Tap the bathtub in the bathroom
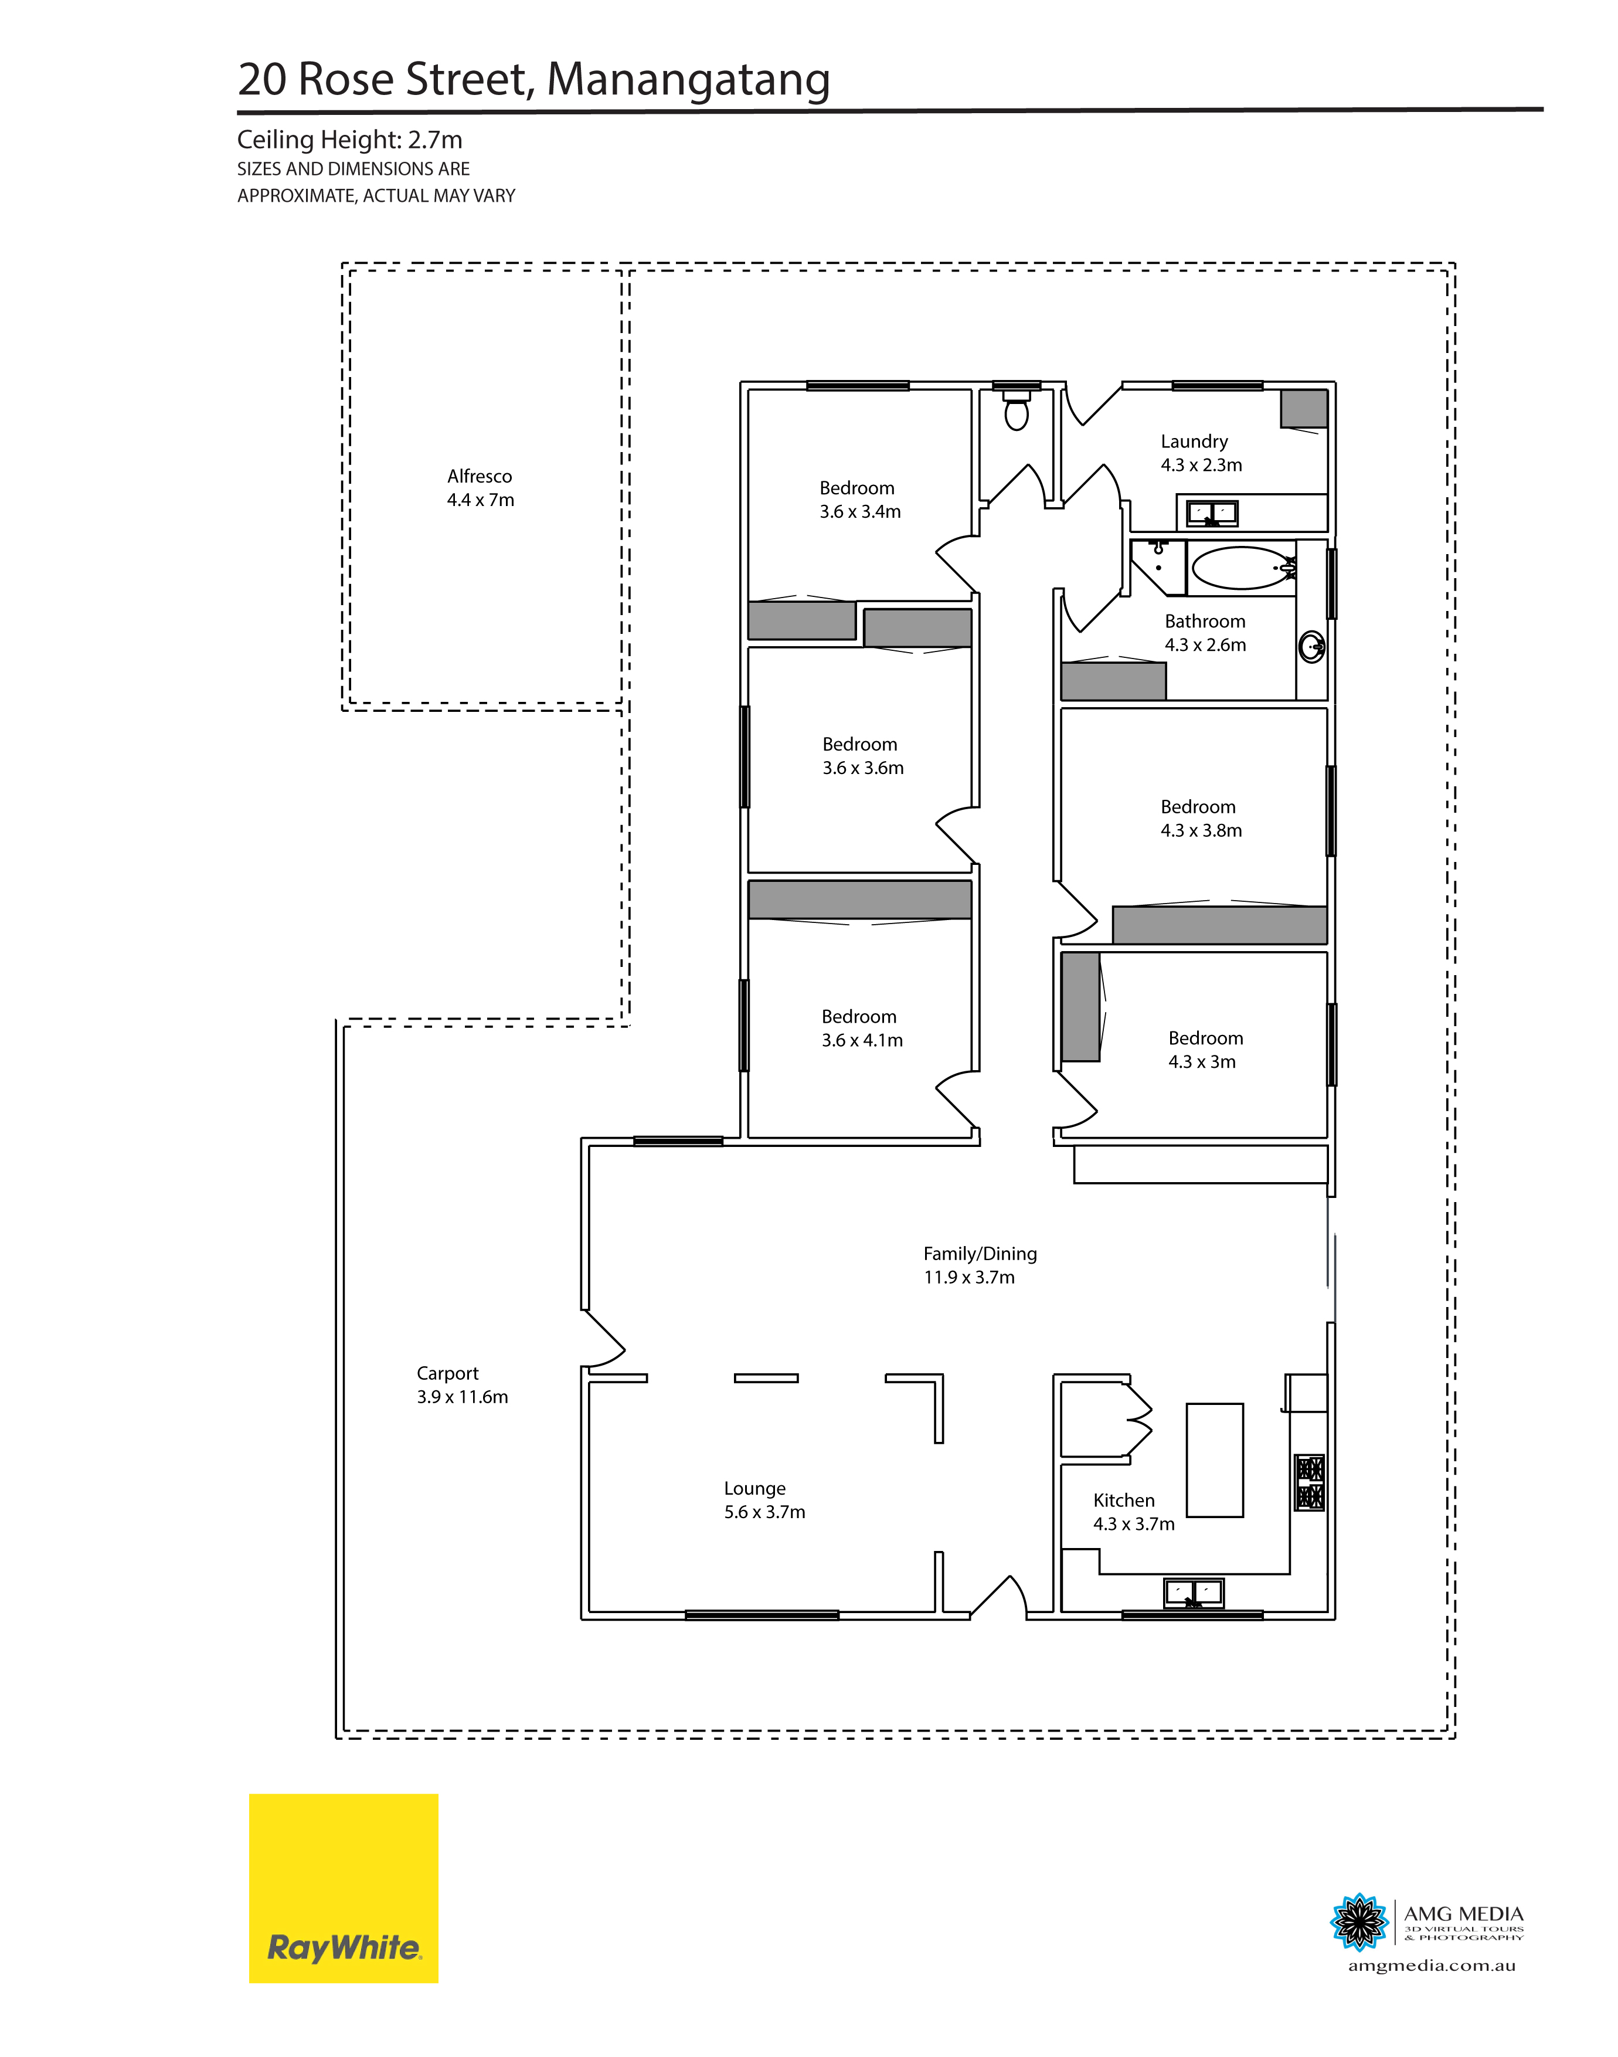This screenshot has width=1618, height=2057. click(x=1242, y=569)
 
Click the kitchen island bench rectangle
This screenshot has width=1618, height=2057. click(x=1215, y=1460)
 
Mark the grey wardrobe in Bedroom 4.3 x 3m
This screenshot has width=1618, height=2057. click(x=1081, y=1006)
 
